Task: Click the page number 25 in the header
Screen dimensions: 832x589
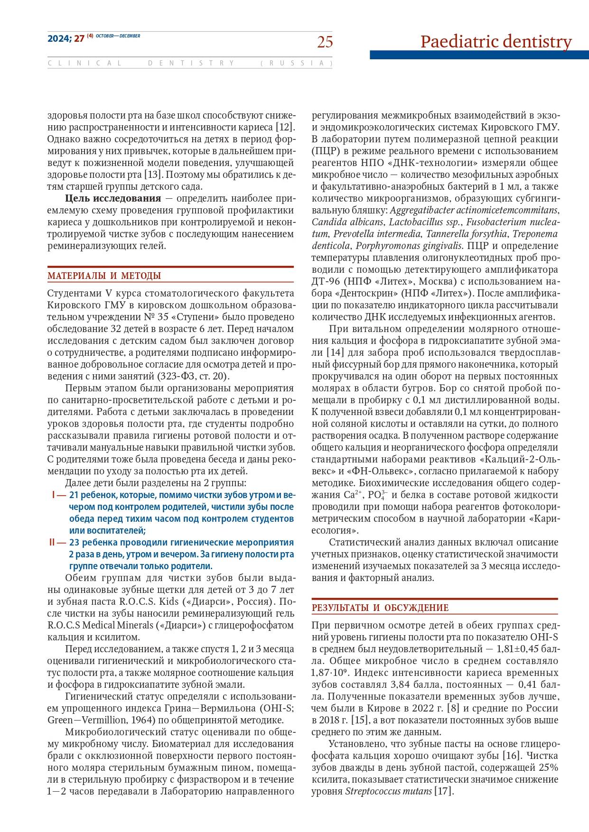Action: pos(325,42)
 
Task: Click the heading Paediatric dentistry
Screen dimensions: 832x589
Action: pos(496,42)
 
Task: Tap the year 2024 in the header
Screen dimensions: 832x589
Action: pos(58,39)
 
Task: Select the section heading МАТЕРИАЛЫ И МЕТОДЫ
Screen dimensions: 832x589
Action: pos(104,276)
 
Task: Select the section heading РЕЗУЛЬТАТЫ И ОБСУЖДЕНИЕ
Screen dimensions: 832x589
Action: pos(380,608)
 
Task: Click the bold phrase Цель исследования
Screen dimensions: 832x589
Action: pos(113,198)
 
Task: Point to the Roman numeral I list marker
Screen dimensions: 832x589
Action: pos(54,495)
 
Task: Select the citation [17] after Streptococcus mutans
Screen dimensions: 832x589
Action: pos(444,791)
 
